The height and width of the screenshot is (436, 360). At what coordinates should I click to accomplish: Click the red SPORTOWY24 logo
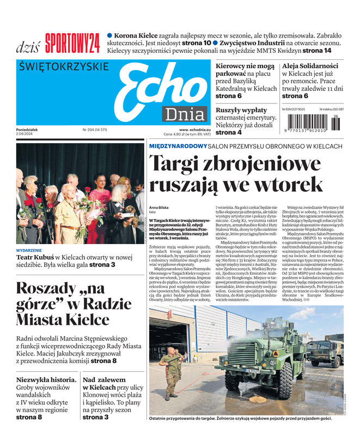click(72, 44)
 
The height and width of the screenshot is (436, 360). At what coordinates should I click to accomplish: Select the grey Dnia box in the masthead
click(184, 114)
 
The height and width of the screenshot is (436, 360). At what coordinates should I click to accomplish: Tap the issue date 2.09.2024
click(26, 134)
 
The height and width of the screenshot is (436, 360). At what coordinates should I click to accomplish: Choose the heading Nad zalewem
click(104, 379)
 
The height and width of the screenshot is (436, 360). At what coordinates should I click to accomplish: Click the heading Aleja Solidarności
click(310, 66)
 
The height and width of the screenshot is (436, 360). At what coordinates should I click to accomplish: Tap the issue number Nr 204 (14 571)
click(95, 130)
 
